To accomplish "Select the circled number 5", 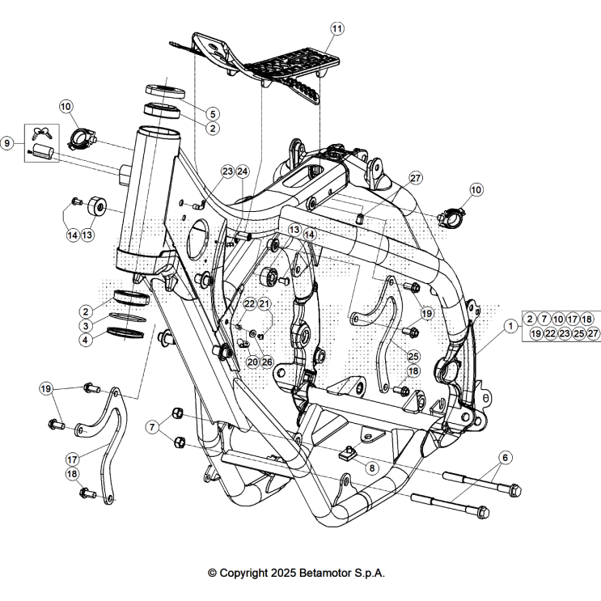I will click(213, 114).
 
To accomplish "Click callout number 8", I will click(371, 468).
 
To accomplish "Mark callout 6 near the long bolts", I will click(505, 458).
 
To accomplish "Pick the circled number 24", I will click(243, 171).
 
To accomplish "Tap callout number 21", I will click(265, 303).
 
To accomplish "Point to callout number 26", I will click(268, 362).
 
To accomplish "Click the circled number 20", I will click(252, 362).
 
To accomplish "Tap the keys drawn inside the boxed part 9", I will click(42, 133).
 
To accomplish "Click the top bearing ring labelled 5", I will click(166, 91).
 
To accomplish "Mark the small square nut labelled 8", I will click(350, 452).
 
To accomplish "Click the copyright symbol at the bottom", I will click(213, 573).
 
